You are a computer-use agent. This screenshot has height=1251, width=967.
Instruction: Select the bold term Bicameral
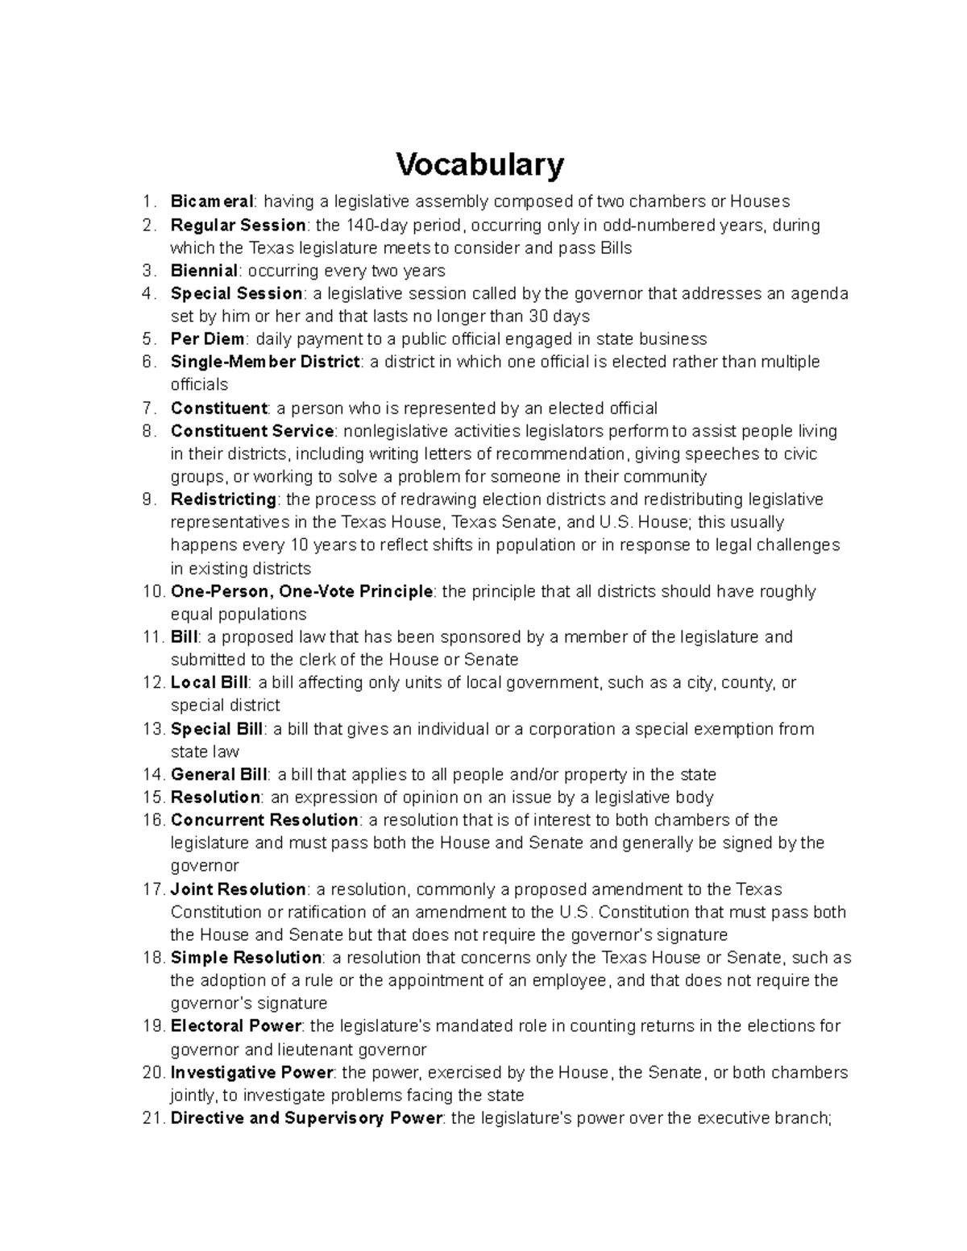(212, 201)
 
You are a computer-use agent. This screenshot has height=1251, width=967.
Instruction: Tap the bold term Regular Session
(238, 225)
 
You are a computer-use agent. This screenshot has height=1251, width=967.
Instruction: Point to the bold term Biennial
(204, 271)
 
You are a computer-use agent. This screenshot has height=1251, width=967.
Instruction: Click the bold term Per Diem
(207, 339)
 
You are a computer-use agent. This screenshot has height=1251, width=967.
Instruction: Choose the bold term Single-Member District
(265, 362)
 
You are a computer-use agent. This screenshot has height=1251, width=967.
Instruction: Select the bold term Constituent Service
(252, 431)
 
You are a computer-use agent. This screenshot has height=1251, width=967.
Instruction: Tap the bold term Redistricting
(223, 499)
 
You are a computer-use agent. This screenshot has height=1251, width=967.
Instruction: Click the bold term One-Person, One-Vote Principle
(302, 591)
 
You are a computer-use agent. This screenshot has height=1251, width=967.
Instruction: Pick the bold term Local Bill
(209, 682)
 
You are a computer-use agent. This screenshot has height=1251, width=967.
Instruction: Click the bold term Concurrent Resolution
(264, 820)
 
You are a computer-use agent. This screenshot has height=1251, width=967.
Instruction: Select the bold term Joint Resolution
(239, 889)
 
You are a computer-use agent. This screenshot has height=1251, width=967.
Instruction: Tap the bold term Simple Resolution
(246, 958)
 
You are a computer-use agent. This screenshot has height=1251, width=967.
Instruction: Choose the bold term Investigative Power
(252, 1072)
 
